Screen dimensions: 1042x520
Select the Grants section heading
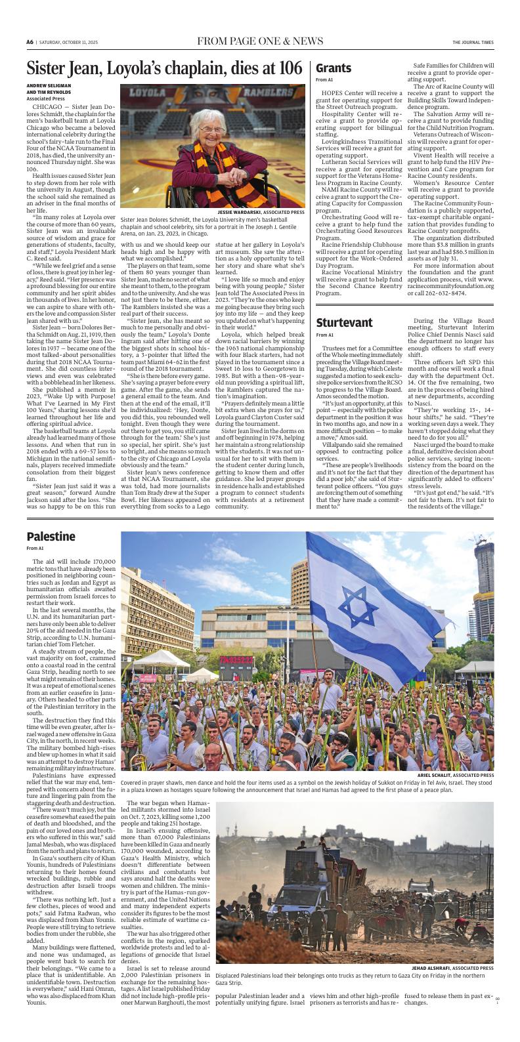[x=334, y=68]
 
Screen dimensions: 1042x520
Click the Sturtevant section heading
[x=344, y=322]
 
